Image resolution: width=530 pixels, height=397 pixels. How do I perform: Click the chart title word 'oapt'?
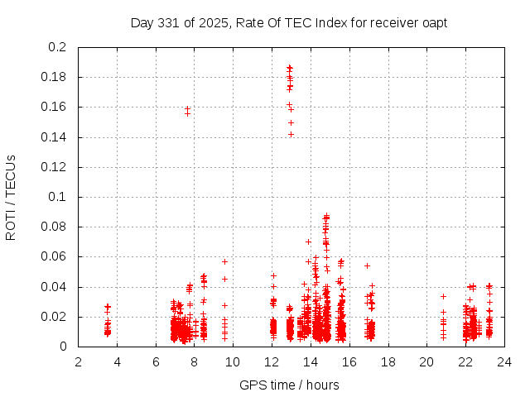[x=434, y=22]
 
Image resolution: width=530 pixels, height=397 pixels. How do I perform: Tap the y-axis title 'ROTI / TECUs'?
[x=11, y=197]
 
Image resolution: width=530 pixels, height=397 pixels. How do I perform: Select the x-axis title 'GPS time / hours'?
[x=289, y=385]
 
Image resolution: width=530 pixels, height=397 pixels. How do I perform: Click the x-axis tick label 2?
[x=78, y=361]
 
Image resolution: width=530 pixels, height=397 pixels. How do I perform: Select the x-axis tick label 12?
[x=271, y=361]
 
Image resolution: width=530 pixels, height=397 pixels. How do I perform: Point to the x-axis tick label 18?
[x=387, y=361]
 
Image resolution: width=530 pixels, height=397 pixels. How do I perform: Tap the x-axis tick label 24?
[x=503, y=361]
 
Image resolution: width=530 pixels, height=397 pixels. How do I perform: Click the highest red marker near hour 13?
[x=290, y=68]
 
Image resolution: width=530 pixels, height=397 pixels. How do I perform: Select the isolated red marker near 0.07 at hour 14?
[x=308, y=242]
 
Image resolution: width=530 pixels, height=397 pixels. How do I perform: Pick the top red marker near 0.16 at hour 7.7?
[x=187, y=108]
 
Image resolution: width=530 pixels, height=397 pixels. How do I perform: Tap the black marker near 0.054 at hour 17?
[x=367, y=265]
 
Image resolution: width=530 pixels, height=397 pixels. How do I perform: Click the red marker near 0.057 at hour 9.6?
[x=224, y=261]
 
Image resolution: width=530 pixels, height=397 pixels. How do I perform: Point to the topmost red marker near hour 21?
[x=443, y=296]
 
